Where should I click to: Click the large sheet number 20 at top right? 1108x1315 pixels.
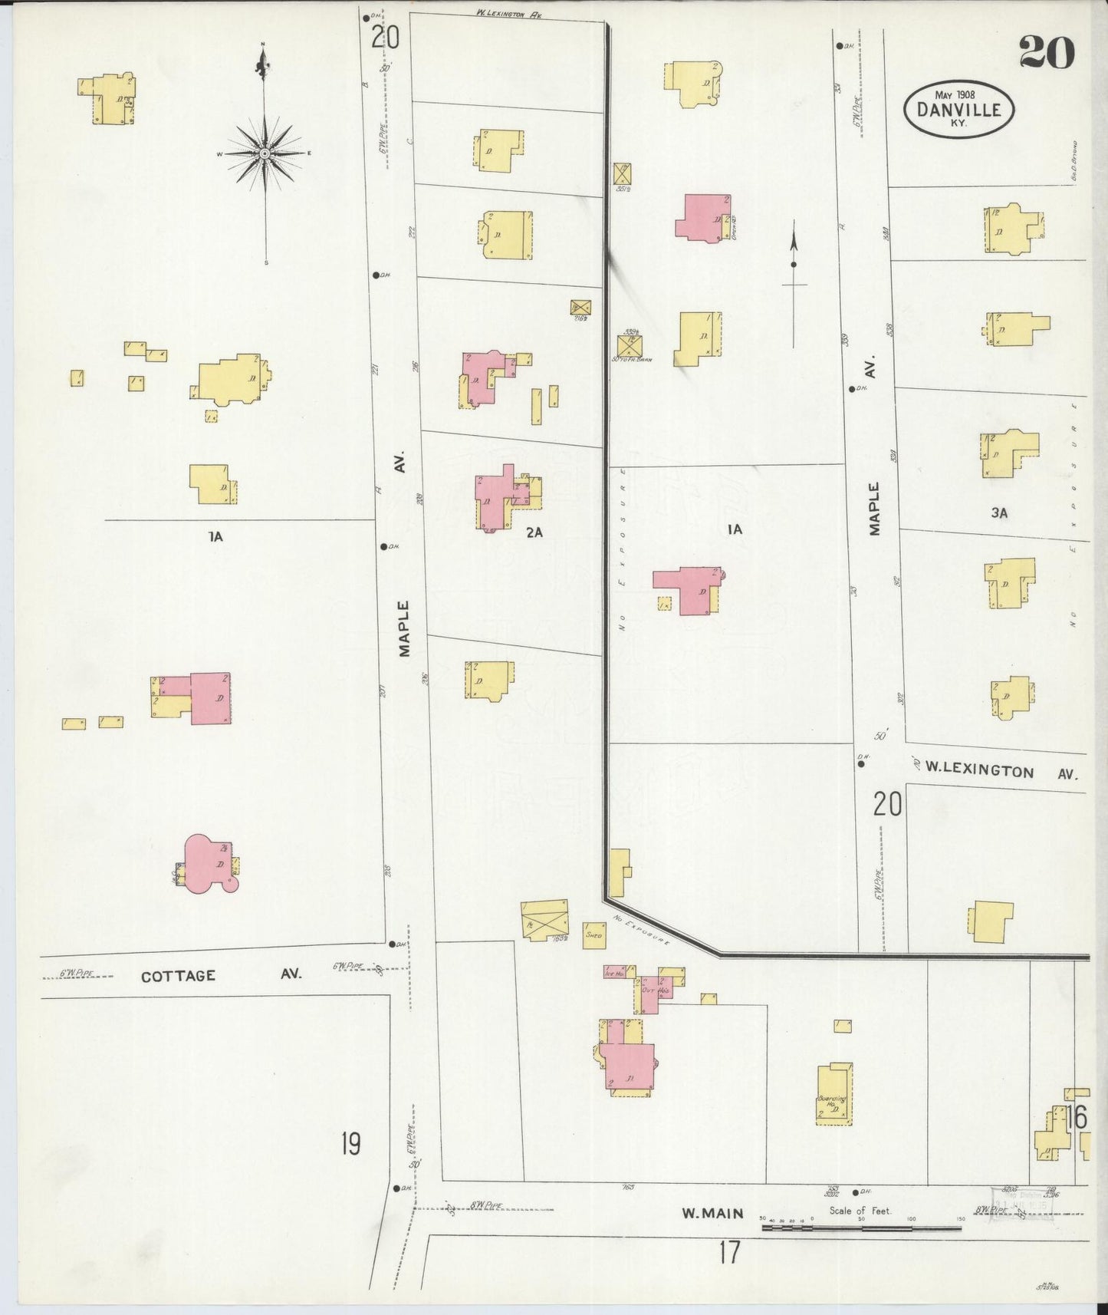tap(1046, 52)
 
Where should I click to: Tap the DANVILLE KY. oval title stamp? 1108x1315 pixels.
tap(958, 110)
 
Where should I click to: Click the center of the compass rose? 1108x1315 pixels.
tap(265, 153)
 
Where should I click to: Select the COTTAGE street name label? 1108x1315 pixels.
tap(178, 976)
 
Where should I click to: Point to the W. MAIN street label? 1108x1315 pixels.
tap(713, 1213)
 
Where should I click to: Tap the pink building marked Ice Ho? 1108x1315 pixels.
tap(615, 972)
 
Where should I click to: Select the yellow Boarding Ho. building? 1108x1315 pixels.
tap(834, 1094)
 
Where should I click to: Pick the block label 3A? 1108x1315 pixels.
tap(998, 513)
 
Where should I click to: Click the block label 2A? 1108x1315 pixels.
tap(534, 532)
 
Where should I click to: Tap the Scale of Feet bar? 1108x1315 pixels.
tap(859, 1228)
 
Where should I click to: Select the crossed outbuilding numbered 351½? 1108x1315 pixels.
tap(622, 173)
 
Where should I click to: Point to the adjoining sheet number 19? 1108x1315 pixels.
tap(350, 1144)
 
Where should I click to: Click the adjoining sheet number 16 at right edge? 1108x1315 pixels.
tap(1076, 1118)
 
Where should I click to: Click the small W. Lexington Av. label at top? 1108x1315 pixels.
tap(508, 13)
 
